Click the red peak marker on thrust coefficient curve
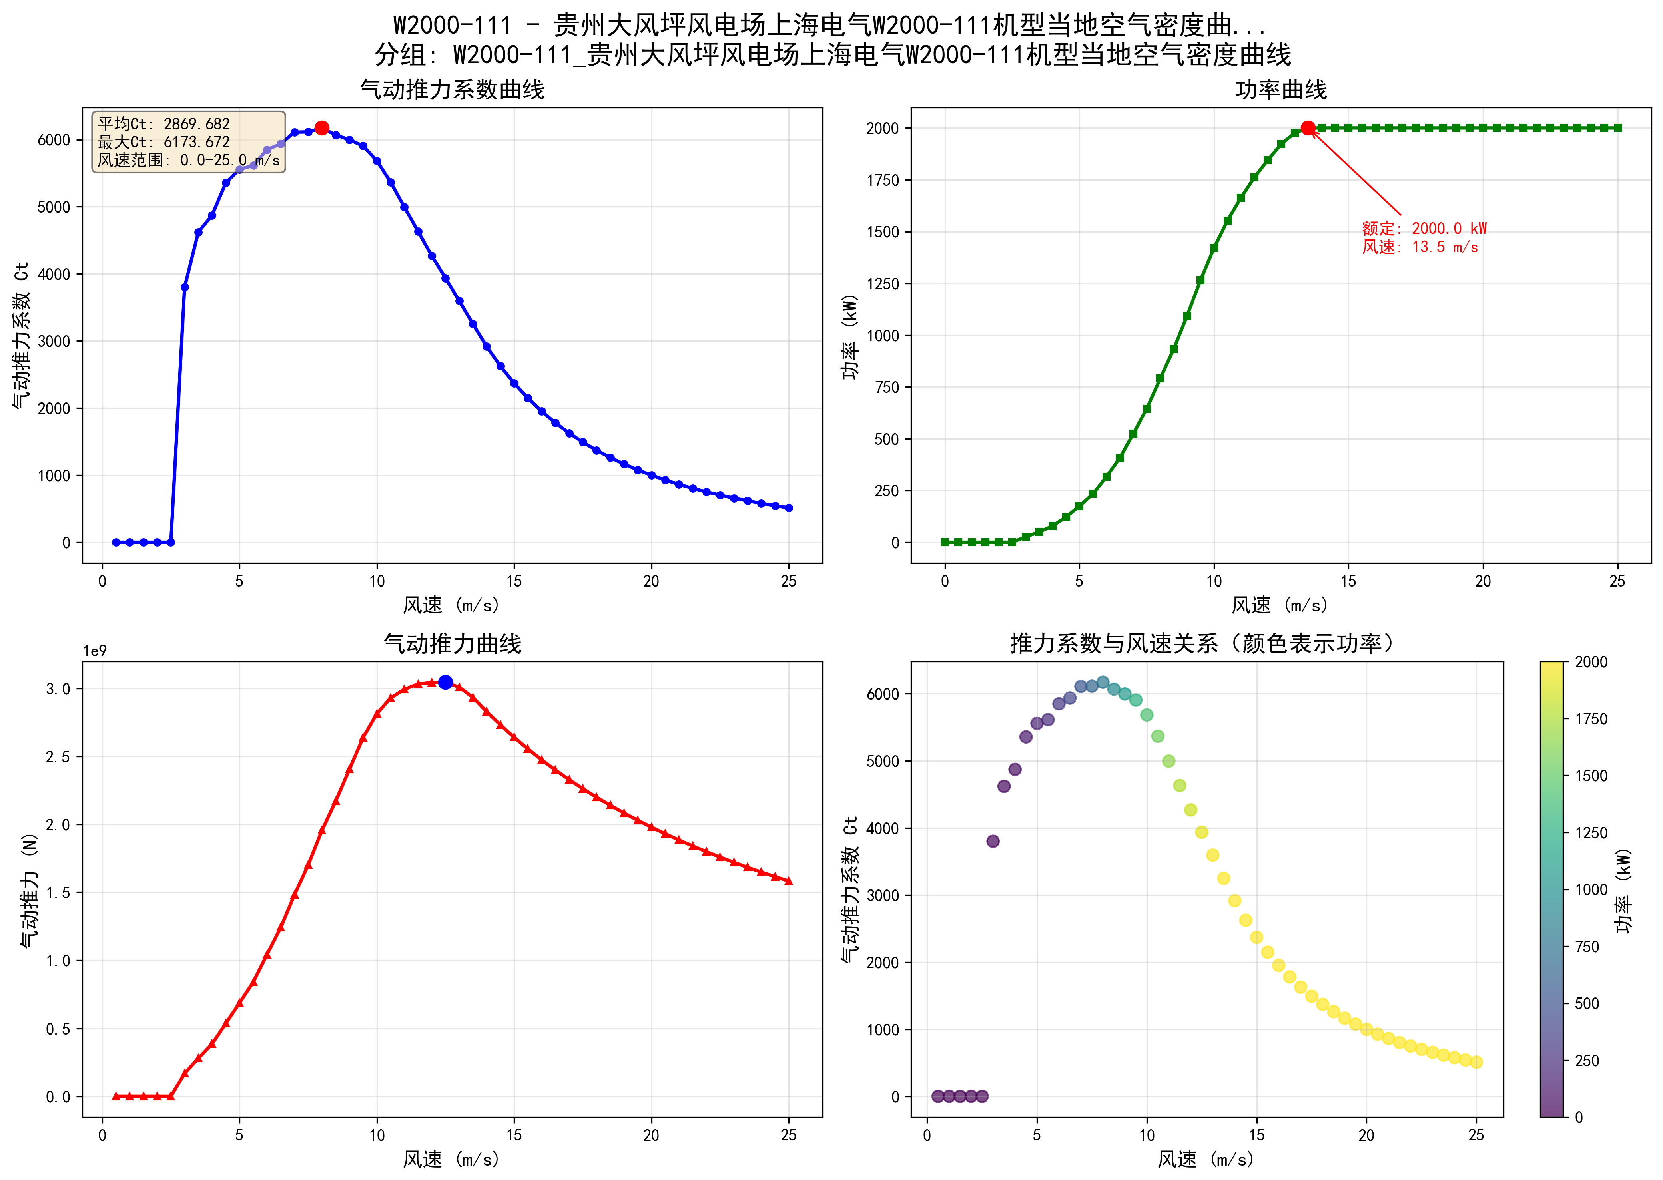click(x=322, y=128)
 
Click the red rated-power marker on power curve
click(x=1308, y=128)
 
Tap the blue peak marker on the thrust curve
click(x=446, y=682)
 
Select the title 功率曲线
click(x=1281, y=90)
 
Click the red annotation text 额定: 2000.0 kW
click(x=1424, y=228)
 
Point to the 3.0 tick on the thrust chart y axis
click(x=58, y=689)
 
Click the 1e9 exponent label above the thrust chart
click(x=94, y=651)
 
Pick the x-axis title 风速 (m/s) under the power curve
click(x=1280, y=605)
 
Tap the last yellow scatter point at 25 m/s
click(x=1476, y=1062)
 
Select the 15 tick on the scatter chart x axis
click(x=1257, y=1135)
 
